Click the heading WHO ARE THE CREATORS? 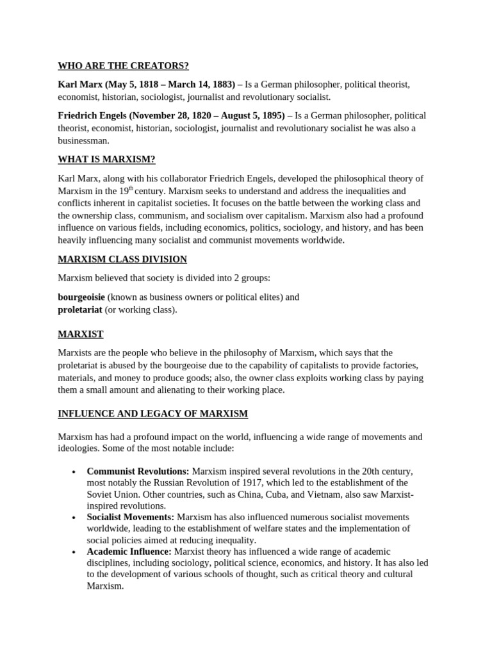coord(123,66)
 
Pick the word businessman coord(83,141)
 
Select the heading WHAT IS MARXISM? coord(106,160)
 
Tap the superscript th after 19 coord(131,188)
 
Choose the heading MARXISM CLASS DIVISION coord(122,259)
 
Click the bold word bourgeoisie coord(81,297)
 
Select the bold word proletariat coord(80,309)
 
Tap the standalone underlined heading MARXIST coord(81,334)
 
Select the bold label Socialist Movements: coord(130,517)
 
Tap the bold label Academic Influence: coord(129,552)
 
